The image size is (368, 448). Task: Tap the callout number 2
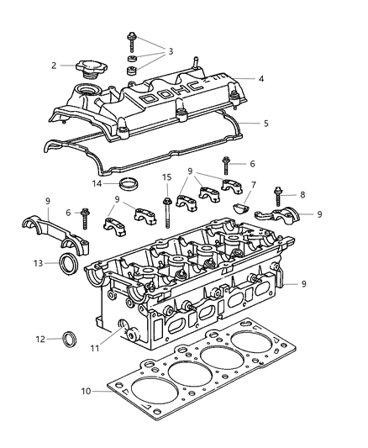(x=54, y=65)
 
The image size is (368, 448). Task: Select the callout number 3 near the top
(x=171, y=51)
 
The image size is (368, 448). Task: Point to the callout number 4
(x=261, y=79)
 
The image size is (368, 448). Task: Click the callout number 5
(x=265, y=123)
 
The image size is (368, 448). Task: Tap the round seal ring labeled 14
(x=129, y=184)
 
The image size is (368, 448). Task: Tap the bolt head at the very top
(x=133, y=36)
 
